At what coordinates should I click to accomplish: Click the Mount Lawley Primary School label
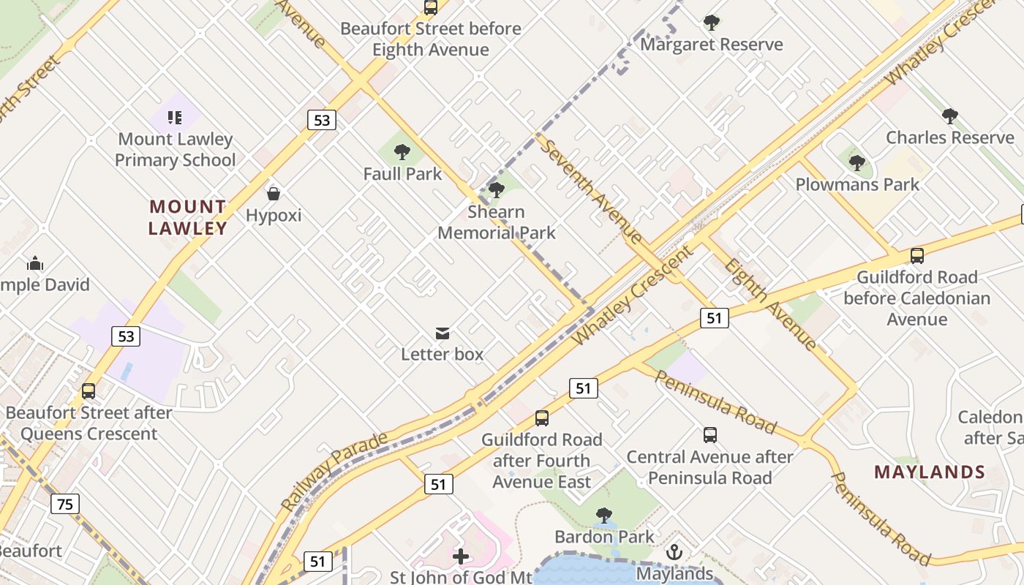(175, 149)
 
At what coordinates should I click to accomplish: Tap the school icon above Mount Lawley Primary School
(174, 117)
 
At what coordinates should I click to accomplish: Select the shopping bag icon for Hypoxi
(274, 194)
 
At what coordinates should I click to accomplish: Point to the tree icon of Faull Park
(402, 152)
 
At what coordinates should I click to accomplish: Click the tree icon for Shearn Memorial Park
(497, 190)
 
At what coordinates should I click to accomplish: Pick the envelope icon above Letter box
(443, 333)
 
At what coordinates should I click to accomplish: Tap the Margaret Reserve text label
(711, 45)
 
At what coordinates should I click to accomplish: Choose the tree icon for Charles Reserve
(950, 116)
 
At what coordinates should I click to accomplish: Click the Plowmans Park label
(857, 184)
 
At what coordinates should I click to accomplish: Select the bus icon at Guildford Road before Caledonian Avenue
(917, 256)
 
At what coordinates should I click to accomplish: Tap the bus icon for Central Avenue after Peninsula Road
(709, 435)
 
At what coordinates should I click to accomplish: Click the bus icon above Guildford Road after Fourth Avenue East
(541, 418)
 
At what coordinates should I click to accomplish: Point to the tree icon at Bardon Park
(603, 516)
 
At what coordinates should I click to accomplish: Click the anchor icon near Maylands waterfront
(674, 552)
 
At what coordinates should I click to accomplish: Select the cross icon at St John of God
(461, 556)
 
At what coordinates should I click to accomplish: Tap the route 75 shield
(65, 503)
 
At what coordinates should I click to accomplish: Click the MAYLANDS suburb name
(930, 472)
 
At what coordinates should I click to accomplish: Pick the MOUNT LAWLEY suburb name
(188, 217)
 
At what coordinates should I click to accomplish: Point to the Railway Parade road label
(334, 472)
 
